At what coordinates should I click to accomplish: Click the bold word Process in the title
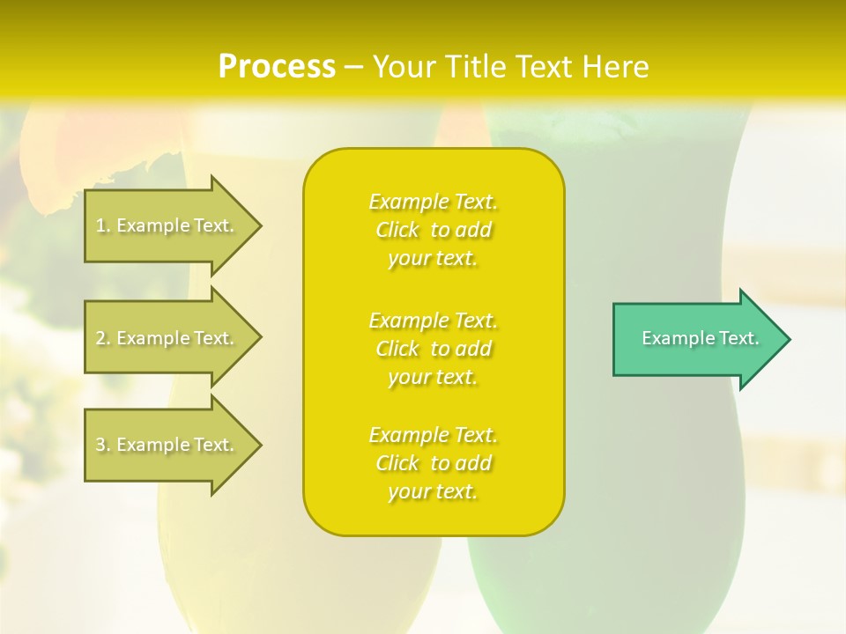[x=277, y=67]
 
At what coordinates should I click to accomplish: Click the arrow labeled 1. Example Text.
[x=167, y=225]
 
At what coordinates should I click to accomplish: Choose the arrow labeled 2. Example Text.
[x=167, y=338]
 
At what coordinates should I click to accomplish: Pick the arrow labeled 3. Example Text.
[x=167, y=445]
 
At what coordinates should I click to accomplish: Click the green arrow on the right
[x=696, y=339]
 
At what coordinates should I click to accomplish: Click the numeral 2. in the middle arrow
[x=103, y=338]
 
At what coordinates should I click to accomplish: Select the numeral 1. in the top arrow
[x=103, y=225]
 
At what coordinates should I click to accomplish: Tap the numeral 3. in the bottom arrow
[x=103, y=445]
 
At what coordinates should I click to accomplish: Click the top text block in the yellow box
[x=433, y=230]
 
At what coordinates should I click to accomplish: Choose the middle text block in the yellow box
[x=433, y=349]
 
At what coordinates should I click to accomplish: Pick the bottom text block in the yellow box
[x=433, y=463]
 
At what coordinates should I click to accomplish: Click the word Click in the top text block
[x=397, y=231]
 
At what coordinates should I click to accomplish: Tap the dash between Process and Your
[x=353, y=68]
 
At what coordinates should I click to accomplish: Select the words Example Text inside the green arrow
[x=700, y=338]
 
